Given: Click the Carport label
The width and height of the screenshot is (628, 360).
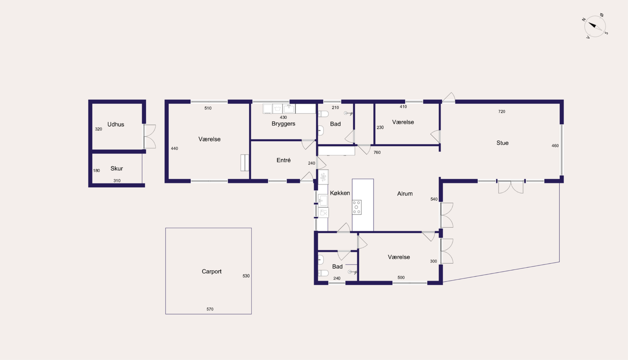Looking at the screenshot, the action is tap(211, 271).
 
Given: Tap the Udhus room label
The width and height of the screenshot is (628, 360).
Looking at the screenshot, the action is tap(116, 125).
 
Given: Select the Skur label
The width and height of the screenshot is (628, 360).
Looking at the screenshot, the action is tap(117, 169).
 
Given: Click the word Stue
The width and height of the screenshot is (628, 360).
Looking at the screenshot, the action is tap(502, 143).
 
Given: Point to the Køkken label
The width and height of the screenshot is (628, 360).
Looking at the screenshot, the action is tap(340, 193).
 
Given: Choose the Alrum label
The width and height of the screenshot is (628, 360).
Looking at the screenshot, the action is tap(405, 193).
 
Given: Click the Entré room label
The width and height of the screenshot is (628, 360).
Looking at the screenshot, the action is tap(284, 160).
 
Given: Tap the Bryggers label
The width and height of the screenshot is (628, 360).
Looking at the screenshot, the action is tap(284, 124).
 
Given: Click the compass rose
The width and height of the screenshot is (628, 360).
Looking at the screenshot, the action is tap(595, 26).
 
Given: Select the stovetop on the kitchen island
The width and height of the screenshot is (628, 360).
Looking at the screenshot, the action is tap(357, 207).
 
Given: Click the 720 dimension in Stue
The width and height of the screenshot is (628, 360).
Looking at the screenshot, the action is tap(502, 112).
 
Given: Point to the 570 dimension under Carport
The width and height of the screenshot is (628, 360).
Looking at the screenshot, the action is tap(210, 309).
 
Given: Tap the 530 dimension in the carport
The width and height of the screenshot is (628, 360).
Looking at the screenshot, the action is tap(246, 276).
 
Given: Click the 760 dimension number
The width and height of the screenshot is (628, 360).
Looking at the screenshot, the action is tap(377, 153).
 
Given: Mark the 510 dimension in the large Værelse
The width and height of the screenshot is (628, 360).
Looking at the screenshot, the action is tap(208, 108).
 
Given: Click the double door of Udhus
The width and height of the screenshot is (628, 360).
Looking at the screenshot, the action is tap(150, 136).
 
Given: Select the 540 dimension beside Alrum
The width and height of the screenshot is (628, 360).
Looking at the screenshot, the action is tap(434, 199).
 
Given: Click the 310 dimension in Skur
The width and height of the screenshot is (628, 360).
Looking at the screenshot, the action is tap(117, 181).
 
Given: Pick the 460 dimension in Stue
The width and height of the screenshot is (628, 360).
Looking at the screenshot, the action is tap(555, 146).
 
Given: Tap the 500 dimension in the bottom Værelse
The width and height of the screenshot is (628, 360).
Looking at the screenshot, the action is tap(401, 278).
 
